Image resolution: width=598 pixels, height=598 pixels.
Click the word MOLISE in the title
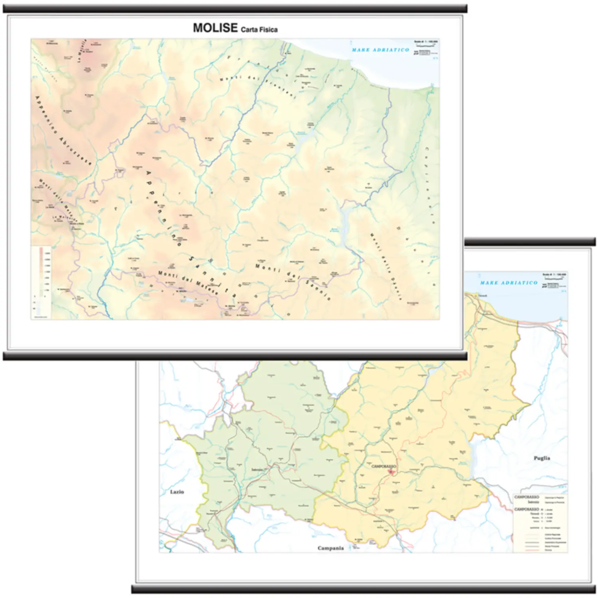click(215, 28)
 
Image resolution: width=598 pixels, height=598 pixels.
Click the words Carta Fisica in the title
click(259, 30)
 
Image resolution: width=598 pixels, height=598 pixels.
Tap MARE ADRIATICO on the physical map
click(380, 50)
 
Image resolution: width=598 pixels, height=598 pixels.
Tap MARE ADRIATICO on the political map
click(509, 283)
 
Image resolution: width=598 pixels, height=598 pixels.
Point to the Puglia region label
click(542, 458)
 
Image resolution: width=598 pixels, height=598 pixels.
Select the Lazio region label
click(177, 492)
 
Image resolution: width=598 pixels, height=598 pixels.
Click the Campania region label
click(330, 548)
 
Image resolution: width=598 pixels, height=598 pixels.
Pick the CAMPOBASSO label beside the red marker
click(384, 466)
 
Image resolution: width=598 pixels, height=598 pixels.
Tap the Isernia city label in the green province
click(258, 469)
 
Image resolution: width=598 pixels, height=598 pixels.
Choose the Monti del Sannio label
click(293, 281)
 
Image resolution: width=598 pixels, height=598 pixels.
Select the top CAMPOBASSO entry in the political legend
click(526, 497)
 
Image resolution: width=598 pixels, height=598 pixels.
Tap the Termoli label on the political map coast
click(482, 295)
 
